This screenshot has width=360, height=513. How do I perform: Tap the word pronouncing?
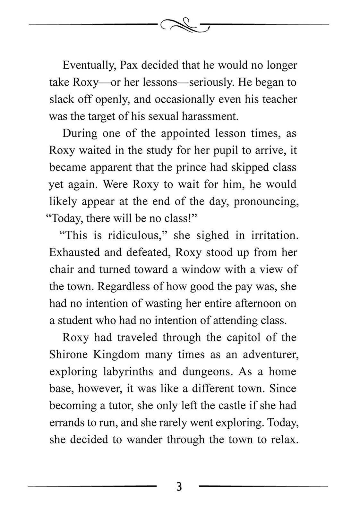tap(266, 201)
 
